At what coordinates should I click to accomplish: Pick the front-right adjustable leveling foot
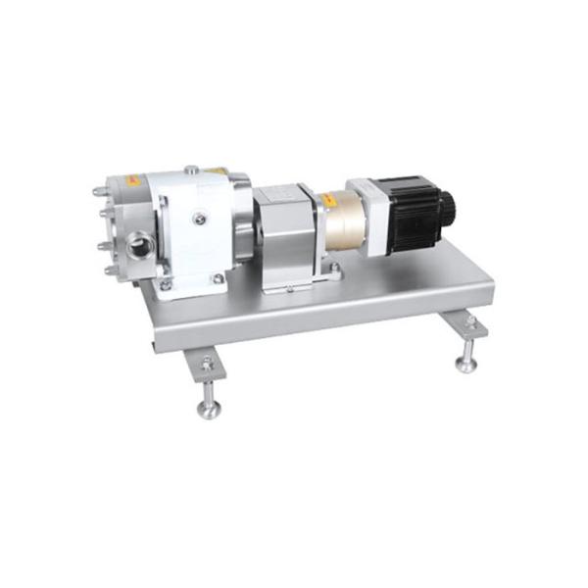click(467, 363)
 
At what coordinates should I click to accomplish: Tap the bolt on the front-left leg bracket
click(207, 367)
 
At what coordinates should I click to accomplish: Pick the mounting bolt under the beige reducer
click(336, 266)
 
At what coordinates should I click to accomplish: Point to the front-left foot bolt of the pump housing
click(164, 285)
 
